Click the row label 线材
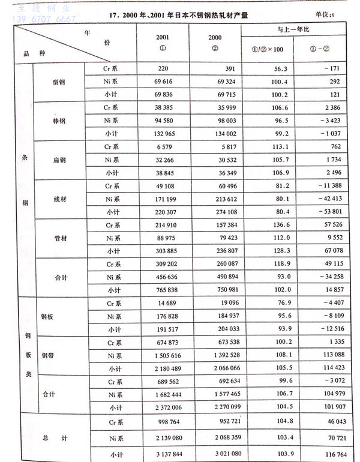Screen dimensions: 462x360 pos(59,199)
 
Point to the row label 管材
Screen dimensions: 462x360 pos(59,238)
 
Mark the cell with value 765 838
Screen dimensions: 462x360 pos(160,289)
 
